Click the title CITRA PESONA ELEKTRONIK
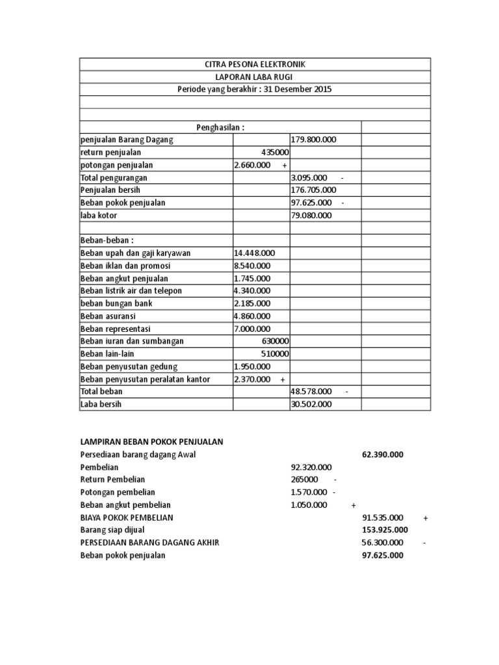tap(255, 64)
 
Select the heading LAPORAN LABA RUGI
tap(255, 77)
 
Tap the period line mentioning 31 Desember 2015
tap(255, 89)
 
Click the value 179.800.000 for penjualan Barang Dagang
tap(314, 140)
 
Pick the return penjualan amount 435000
tap(275, 152)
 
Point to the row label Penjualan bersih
tap(110, 190)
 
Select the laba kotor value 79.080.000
tap(311, 215)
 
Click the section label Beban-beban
tap(106, 240)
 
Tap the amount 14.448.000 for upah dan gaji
tap(254, 253)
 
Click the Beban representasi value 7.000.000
tap(252, 329)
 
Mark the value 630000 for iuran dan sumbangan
tap(275, 341)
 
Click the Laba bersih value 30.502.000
tap(311, 404)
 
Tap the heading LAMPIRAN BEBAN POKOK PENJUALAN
tap(151, 442)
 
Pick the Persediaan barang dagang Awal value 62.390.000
tap(382, 455)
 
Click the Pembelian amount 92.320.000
tap(311, 467)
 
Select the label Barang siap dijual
tap(112, 530)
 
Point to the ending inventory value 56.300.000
tap(382, 542)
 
